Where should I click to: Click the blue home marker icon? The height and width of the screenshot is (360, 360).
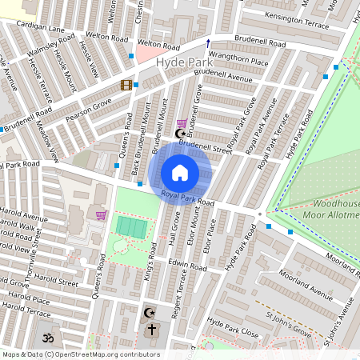[180, 172]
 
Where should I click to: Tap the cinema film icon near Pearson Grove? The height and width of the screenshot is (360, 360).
[126, 85]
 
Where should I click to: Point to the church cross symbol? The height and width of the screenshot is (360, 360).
[151, 329]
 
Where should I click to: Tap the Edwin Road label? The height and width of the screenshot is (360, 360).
[188, 264]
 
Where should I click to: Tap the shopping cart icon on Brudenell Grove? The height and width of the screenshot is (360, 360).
[182, 123]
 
